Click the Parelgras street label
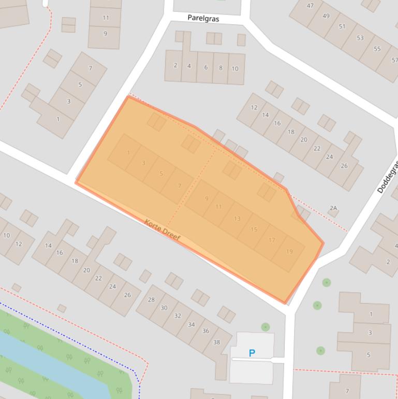(x=203, y=18)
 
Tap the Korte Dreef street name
(x=162, y=230)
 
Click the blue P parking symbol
(x=252, y=353)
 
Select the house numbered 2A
(x=333, y=208)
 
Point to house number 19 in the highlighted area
(x=289, y=251)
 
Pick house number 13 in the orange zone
(x=237, y=218)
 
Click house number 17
(x=272, y=240)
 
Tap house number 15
(x=254, y=230)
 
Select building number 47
(x=310, y=6)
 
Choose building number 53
(x=360, y=38)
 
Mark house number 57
(x=394, y=60)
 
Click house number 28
(x=151, y=300)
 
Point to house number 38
(x=216, y=342)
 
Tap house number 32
(x=178, y=316)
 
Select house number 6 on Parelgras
(x=205, y=67)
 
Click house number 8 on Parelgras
(x=220, y=68)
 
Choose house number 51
(x=342, y=26)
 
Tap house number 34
(x=191, y=324)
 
